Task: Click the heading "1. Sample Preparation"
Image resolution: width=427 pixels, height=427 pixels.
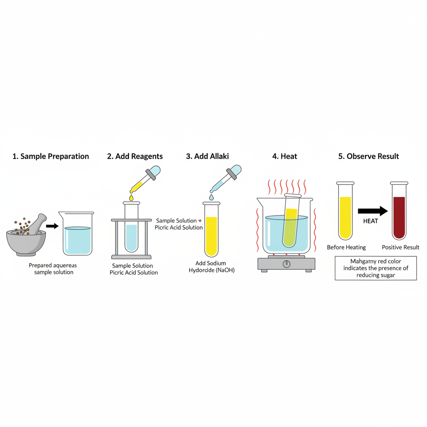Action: (50, 156)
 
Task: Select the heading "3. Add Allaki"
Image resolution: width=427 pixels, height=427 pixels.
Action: (207, 156)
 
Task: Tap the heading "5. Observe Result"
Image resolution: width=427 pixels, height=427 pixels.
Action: (368, 156)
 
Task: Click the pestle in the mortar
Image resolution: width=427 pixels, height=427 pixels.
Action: (36, 226)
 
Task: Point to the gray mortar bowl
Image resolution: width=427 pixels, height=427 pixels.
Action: (26, 242)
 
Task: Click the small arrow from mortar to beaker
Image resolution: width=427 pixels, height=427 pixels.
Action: (52, 226)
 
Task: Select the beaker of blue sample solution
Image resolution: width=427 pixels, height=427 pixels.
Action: (77, 236)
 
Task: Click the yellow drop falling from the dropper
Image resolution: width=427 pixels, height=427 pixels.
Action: (131, 198)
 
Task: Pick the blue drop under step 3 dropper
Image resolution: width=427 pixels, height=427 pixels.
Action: (211, 197)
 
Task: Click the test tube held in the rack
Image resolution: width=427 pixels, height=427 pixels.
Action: (131, 227)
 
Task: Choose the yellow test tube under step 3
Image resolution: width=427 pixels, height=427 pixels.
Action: (211, 231)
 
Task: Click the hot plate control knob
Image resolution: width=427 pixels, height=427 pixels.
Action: (286, 264)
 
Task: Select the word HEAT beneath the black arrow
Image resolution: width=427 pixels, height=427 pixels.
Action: (370, 221)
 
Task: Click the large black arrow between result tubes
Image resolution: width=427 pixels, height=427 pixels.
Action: (372, 211)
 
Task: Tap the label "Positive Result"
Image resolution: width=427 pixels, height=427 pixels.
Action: (400, 247)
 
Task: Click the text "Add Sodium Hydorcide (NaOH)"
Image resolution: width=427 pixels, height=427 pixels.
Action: (211, 266)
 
